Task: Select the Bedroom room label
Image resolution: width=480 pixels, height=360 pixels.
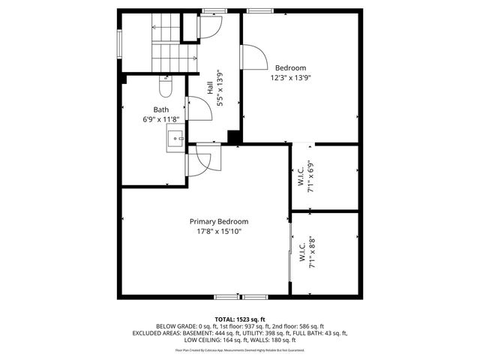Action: [289, 67]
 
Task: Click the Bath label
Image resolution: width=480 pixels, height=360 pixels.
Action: [161, 109]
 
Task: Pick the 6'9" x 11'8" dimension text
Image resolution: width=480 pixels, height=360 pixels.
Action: [160, 119]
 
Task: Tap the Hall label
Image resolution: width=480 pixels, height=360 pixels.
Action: [209, 88]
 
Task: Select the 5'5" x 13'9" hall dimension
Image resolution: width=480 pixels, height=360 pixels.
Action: [220, 88]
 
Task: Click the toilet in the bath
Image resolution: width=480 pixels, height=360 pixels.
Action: [166, 88]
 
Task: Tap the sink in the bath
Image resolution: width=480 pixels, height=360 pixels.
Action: [175, 138]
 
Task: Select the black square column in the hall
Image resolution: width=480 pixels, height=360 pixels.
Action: [234, 137]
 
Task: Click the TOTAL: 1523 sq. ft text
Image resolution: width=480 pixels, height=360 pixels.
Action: [240, 319]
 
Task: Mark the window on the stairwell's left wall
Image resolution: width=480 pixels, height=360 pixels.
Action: [119, 42]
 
